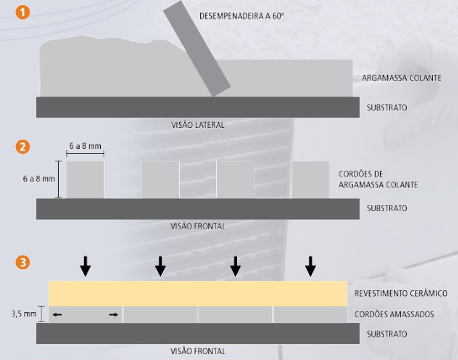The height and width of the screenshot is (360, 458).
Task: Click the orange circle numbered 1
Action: (x=23, y=13)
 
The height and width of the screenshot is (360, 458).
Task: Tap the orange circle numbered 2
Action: (x=23, y=146)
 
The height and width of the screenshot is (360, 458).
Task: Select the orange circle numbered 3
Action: (x=23, y=262)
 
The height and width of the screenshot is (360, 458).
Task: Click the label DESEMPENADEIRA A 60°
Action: (x=241, y=16)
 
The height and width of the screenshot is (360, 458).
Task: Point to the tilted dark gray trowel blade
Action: (x=197, y=49)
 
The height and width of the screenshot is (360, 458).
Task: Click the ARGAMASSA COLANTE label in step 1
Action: (x=402, y=77)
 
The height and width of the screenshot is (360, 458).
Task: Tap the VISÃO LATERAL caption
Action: (x=197, y=125)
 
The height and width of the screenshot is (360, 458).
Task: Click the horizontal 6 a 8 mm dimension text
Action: (x=85, y=146)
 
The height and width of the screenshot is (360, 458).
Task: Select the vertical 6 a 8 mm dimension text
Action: (x=39, y=178)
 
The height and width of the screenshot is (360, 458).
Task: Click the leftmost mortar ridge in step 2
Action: (x=85, y=179)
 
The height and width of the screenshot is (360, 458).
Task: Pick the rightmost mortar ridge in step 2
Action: (x=310, y=179)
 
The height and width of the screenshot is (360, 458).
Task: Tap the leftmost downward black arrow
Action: (x=85, y=267)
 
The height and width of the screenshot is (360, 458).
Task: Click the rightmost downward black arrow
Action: (x=310, y=267)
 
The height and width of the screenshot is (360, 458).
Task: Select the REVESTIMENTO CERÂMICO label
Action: (x=401, y=293)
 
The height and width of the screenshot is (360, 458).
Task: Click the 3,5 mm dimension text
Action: (x=24, y=314)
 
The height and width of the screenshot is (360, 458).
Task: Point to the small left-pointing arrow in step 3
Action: (x=57, y=315)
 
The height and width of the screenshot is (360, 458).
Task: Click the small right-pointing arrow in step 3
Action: (x=113, y=315)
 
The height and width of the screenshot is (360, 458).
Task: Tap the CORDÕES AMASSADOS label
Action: (x=394, y=315)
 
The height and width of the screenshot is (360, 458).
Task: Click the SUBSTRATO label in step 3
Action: (x=387, y=334)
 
